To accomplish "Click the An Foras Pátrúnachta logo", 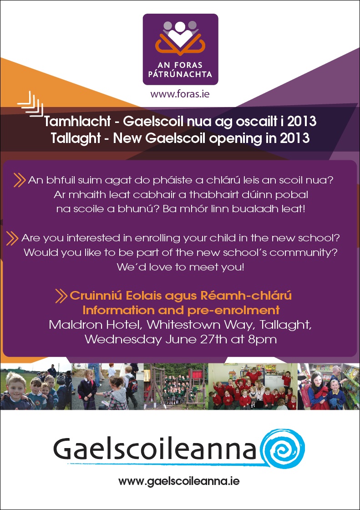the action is pyautogui.click(x=181, y=49).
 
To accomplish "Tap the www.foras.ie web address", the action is pyautogui.click(x=180, y=94).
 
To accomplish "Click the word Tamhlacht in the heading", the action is pyautogui.click(x=77, y=121).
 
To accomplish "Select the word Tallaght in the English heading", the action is pyautogui.click(x=76, y=138).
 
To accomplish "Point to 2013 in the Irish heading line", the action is pyautogui.click(x=302, y=121).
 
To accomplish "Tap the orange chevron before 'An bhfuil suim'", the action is pyautogui.click(x=20, y=180).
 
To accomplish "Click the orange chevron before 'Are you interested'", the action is pyautogui.click(x=12, y=239).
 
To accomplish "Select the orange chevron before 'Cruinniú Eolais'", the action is pyautogui.click(x=61, y=296).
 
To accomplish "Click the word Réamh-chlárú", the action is pyautogui.click(x=246, y=296).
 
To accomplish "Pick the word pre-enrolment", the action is pyautogui.click(x=233, y=310).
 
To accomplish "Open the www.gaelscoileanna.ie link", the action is pyautogui.click(x=179, y=481).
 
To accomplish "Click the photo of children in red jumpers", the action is pyautogui.click(x=253, y=387).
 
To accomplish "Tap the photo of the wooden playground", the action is pyautogui.click(x=176, y=387).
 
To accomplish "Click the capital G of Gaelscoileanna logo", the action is pyautogui.click(x=65, y=449).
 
